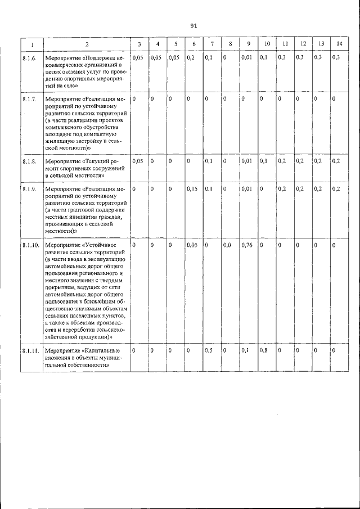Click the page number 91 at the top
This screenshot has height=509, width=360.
(193, 26)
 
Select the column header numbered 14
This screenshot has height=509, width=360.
(339, 44)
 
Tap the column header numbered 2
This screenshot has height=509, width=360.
(87, 44)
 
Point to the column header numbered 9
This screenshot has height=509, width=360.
(248, 44)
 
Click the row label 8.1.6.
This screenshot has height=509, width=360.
(30, 58)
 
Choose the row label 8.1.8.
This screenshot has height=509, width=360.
(30, 162)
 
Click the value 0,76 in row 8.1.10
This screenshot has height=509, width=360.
(247, 246)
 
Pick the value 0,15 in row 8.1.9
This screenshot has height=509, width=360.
(192, 189)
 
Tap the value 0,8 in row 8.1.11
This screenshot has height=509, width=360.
(263, 350)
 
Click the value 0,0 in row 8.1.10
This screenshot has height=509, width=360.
(227, 246)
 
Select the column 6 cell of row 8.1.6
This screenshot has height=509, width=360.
(191, 58)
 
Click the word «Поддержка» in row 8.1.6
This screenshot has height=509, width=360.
(101, 58)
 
